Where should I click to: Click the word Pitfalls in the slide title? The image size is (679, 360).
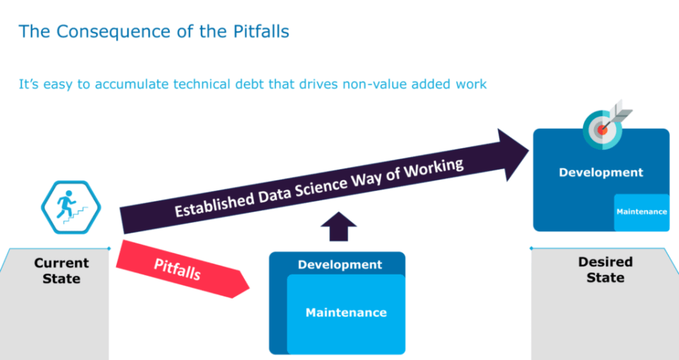click(261, 32)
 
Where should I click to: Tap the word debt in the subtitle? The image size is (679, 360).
click(250, 83)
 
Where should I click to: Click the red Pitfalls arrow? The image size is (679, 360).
click(182, 269)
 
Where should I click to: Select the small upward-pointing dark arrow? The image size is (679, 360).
click(339, 226)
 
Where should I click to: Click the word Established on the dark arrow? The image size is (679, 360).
click(214, 204)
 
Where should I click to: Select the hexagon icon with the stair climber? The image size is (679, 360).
click(71, 207)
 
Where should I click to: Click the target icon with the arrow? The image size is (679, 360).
click(605, 126)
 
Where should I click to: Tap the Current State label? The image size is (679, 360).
click(62, 271)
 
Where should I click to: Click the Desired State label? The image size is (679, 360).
click(605, 269)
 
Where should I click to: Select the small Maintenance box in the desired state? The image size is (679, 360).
click(642, 212)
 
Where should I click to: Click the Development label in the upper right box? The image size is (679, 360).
click(601, 173)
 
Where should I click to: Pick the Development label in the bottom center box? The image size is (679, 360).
click(340, 265)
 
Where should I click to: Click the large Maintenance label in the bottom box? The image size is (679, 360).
click(346, 313)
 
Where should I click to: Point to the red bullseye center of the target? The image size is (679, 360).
click(602, 129)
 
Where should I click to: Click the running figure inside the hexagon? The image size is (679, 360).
click(66, 204)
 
